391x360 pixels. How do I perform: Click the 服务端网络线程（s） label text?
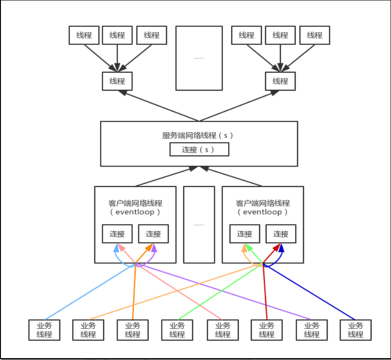tap(199, 136)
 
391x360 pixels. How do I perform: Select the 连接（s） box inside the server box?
tap(199, 149)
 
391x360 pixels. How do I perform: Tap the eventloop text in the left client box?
tap(135, 212)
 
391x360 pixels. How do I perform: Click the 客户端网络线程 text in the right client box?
tap(263, 203)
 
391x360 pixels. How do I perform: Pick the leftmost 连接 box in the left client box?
tap(117, 234)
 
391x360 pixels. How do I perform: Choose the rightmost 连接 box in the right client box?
tap(280, 234)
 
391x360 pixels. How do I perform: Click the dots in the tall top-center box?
tap(199, 58)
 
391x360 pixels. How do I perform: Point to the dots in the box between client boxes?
tap(199, 224)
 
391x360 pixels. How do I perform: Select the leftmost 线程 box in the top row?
tap(84, 35)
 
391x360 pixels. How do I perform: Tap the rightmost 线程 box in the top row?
tap(315, 35)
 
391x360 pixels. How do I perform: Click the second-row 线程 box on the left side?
tap(117, 81)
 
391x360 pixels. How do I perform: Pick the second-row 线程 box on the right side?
tap(280, 81)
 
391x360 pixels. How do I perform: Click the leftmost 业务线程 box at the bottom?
tap(44, 330)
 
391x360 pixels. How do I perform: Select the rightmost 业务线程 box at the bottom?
tap(355, 330)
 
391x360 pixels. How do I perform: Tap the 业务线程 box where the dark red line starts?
tap(267, 330)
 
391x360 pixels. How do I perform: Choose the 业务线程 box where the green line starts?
tap(177, 330)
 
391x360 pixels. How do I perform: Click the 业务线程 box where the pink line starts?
tap(222, 330)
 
